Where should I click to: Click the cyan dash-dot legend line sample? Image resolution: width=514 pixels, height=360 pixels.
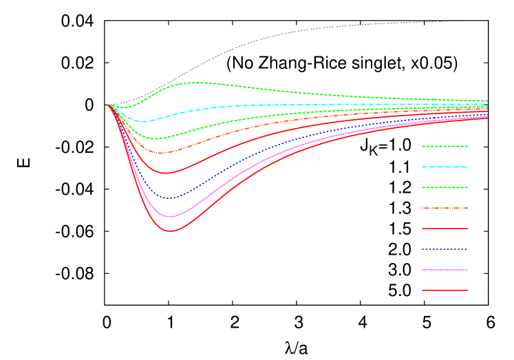(445, 167)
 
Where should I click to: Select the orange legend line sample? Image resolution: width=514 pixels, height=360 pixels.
(445, 208)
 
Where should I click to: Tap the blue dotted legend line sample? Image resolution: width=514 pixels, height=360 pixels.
(445, 249)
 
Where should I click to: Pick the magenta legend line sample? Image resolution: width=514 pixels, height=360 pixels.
(445, 270)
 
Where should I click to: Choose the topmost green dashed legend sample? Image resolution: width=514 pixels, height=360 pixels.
(445, 146)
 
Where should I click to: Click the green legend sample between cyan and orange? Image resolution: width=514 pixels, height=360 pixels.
(445, 187)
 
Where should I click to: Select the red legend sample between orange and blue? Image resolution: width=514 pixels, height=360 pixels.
(445, 229)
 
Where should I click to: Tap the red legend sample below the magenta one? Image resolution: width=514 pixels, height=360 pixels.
(445, 290)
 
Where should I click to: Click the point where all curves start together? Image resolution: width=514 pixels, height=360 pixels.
(109, 105)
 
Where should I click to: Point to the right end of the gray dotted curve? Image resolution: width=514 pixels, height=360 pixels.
(460, 21)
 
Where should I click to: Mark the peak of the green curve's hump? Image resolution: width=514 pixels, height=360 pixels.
(196, 83)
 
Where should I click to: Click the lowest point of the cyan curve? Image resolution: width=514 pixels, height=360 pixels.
(143, 121)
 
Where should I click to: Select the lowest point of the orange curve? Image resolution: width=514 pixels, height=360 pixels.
(160, 153)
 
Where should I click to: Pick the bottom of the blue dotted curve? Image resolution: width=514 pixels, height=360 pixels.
(169, 198)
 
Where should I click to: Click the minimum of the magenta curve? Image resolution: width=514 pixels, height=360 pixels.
(170, 217)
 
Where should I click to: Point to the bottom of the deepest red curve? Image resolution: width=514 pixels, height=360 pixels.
(171, 231)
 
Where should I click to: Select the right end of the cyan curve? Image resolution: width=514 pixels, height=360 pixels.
(487, 104)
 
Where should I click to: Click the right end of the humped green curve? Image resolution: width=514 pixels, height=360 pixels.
(487, 100)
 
